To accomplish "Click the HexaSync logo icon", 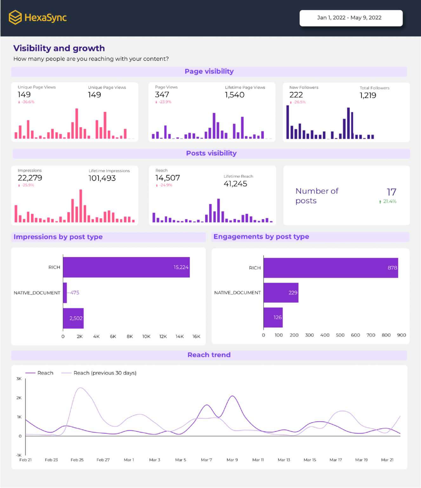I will coord(15,17).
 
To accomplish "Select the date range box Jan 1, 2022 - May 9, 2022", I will coord(351,18).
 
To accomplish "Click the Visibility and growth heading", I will coord(59,48).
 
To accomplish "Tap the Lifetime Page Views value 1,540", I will coord(234,95).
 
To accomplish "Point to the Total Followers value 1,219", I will coord(368,96).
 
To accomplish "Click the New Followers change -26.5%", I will coord(299,102).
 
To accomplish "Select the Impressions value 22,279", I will coord(30,178).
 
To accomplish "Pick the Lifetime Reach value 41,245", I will coord(235,184).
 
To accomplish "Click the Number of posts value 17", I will coord(391,192).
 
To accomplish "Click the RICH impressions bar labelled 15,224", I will coord(126,267).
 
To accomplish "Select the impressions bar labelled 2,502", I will coord(73,318).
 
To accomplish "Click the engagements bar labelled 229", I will coord(281,293).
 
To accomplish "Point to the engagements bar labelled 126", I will coord(273,317).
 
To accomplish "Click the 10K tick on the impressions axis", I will coord(146,336).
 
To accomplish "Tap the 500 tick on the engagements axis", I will coord(340,335).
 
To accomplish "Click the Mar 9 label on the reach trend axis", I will coord(232,460).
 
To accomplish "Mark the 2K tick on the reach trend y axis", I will coord(19,398).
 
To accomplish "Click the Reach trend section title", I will coord(209,355).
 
